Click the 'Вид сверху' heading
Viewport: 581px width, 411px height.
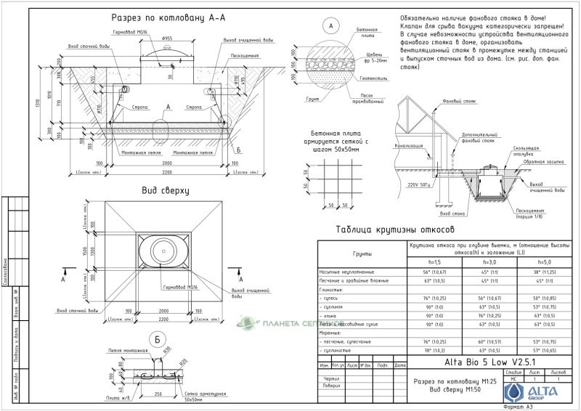coord(166,192)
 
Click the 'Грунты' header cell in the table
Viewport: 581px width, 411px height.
coord(363,254)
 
